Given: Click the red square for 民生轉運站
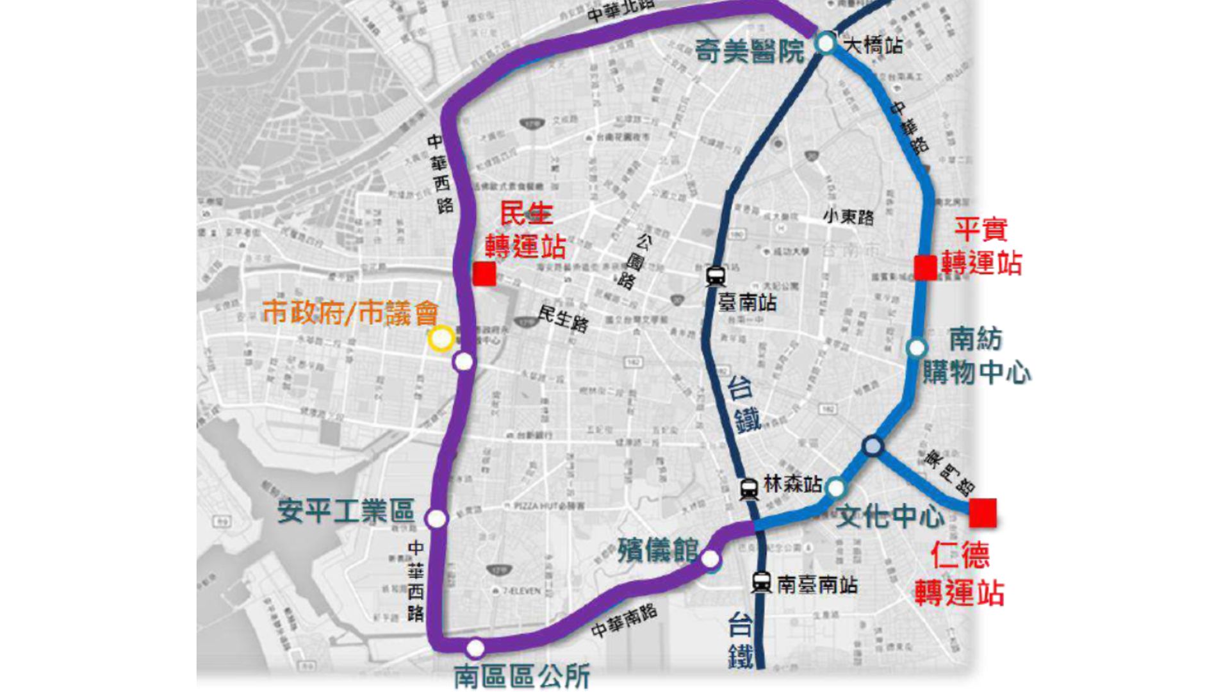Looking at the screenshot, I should [484, 274].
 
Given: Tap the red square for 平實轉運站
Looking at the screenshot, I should [925, 267].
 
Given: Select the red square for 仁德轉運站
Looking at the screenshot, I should [982, 513].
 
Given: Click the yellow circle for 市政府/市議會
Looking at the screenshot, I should [441, 338].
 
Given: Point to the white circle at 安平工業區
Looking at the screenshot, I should [436, 518].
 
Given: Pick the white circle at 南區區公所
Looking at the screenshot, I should [475, 648].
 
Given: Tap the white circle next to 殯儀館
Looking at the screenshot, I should [710, 559].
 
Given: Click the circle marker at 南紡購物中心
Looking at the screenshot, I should [917, 348].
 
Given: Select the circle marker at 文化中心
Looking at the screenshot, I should [835, 488].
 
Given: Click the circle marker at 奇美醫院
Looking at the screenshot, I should [825, 44].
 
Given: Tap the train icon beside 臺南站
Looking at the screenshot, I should [715, 277].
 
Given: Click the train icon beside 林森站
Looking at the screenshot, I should [748, 489].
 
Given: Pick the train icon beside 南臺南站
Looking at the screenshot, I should [761, 582].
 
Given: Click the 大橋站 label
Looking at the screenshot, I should [874, 45].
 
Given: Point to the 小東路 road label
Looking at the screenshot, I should [848, 217].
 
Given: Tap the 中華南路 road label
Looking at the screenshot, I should [624, 621].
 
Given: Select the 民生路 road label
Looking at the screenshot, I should [562, 318].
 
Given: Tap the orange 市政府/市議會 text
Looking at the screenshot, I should [350, 313].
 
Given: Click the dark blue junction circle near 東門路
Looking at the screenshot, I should [873, 446].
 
